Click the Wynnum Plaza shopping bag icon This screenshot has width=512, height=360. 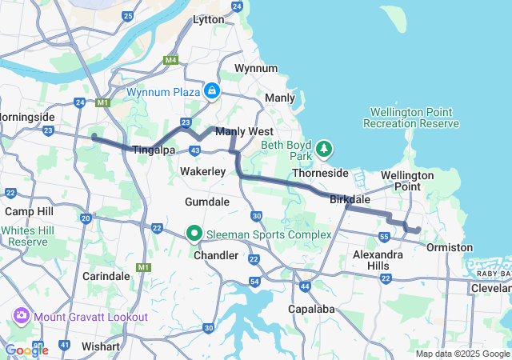[211, 92]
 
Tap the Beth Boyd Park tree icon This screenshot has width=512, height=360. [323, 148]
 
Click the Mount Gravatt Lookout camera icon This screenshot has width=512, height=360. [22, 316]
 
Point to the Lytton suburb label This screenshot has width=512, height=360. [209, 19]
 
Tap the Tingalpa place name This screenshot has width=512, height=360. [153, 150]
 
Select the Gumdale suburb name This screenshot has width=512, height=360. [207, 202]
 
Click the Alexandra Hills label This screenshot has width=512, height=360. [371, 260]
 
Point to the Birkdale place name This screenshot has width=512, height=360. [350, 200]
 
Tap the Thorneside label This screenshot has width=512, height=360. [320, 173]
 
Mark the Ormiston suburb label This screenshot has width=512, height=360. [450, 248]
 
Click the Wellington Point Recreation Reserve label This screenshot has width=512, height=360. [411, 118]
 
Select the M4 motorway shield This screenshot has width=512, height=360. [170, 59]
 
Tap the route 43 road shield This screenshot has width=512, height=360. [195, 150]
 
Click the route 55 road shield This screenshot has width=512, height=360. [385, 238]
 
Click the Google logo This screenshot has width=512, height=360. [26, 350]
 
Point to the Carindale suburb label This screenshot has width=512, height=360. [106, 275]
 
